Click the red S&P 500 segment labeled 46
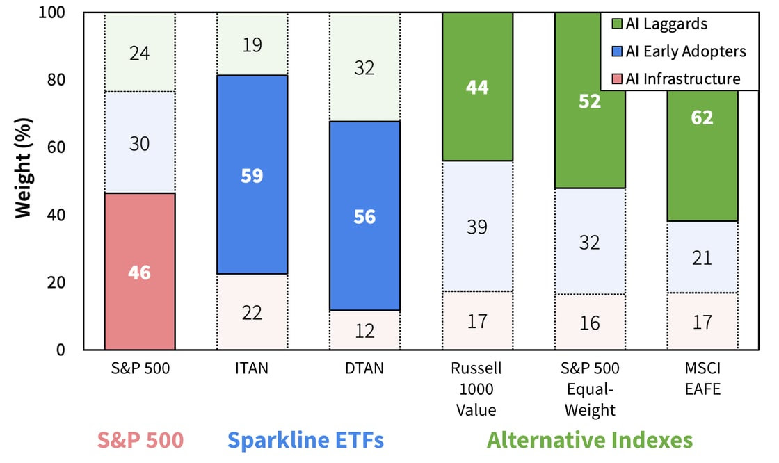click(139, 272)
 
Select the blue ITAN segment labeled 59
click(252, 174)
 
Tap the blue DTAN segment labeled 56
click(364, 216)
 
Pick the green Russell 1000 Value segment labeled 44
click(477, 87)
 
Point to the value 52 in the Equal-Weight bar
click(590, 101)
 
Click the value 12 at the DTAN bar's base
click(364, 331)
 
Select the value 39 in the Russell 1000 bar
click(477, 227)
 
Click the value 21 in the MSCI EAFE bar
click(702, 258)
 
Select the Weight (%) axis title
click(24, 181)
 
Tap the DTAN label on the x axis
click(364, 369)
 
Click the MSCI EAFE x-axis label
click(702, 379)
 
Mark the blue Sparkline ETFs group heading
click(306, 441)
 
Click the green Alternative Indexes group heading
click(590, 441)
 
